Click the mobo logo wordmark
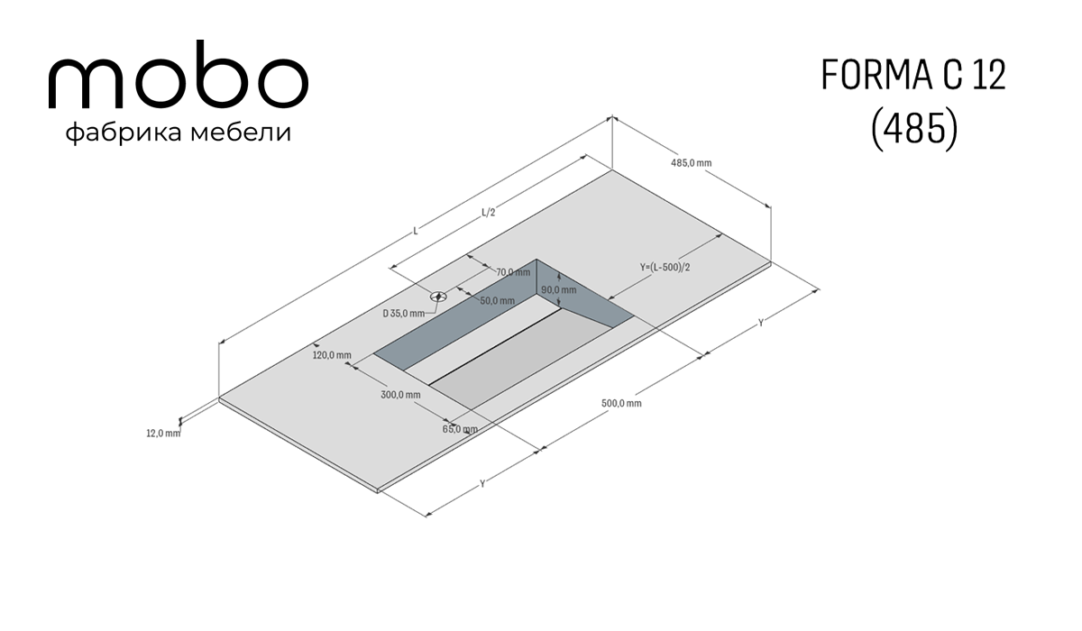[x=179, y=75]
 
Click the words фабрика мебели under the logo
[x=179, y=133]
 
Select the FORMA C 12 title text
[x=913, y=75]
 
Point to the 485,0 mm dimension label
[x=691, y=163]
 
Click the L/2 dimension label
[x=489, y=213]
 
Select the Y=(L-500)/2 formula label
[x=665, y=267]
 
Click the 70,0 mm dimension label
[x=513, y=272]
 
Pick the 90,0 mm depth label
[x=558, y=290]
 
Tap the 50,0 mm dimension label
[x=498, y=301]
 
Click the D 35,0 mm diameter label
[x=404, y=314]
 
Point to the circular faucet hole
[x=438, y=296]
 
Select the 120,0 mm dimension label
[x=332, y=355]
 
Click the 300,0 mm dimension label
[x=400, y=395]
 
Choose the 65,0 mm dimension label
[x=460, y=429]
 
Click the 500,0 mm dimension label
[x=621, y=403]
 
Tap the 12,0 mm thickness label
[x=163, y=434]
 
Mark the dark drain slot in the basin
[x=495, y=347]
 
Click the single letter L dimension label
[x=416, y=232]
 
